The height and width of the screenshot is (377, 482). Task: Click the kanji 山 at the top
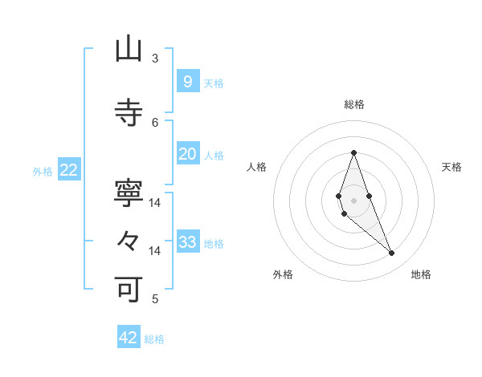point(129,50)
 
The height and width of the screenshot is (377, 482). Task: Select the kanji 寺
point(129,112)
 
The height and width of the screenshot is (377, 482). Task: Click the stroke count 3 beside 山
point(155,59)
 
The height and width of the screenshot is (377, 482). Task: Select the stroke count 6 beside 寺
point(155,122)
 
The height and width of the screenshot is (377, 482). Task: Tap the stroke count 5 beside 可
point(155,299)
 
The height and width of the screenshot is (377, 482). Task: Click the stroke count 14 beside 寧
point(155,203)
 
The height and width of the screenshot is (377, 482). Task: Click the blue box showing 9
point(187,81)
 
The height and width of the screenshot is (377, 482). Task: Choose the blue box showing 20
point(187,154)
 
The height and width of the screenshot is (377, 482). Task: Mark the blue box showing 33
point(187,242)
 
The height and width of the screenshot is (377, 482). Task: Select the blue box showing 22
point(68,170)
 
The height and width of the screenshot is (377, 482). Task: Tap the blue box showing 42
point(129,338)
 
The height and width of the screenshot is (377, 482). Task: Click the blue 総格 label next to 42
point(154,339)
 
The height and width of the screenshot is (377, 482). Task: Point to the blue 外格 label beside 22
point(43,172)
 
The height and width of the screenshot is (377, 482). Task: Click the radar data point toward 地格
point(391,253)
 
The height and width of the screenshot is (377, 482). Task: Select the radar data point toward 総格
point(353,152)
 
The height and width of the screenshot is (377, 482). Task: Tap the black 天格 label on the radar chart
point(451,167)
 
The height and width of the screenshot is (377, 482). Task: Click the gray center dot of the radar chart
point(353,200)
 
